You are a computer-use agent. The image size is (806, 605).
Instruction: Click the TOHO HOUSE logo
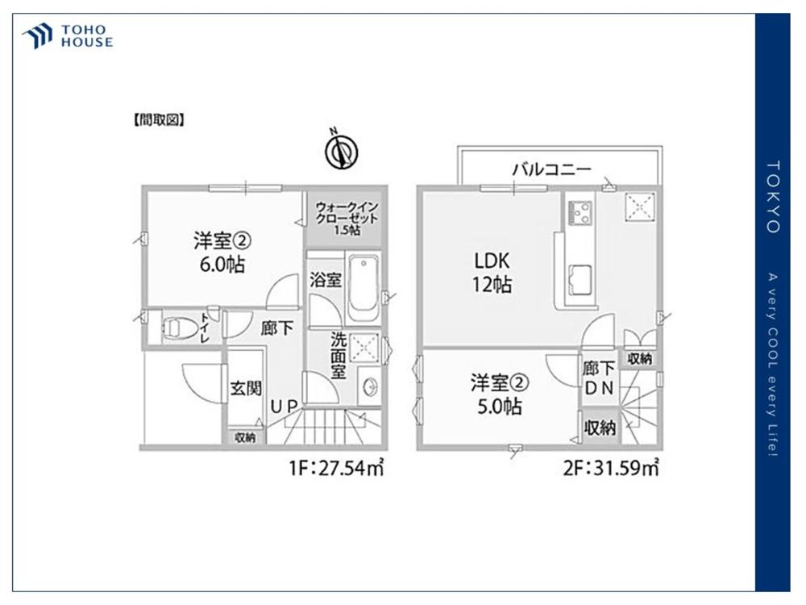(68, 36)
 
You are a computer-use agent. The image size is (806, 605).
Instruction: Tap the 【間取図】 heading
(159, 120)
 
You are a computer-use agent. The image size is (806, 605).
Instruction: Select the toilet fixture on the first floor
(180, 328)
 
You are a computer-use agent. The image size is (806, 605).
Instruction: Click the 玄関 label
(246, 389)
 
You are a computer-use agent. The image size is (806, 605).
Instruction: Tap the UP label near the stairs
(285, 407)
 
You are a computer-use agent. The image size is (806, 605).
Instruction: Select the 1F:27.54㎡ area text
(337, 468)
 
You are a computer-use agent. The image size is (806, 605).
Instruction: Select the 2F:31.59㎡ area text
(611, 468)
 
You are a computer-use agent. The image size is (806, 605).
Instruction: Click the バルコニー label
(551, 169)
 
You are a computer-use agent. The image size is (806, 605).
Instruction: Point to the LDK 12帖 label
(492, 273)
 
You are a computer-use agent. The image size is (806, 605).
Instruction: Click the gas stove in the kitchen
(580, 213)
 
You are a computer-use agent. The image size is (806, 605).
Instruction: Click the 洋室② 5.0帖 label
(499, 394)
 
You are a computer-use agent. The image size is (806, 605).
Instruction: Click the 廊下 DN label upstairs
(599, 378)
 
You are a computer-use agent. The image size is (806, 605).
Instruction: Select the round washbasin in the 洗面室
(370, 387)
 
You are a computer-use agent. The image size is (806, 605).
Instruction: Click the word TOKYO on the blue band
(773, 197)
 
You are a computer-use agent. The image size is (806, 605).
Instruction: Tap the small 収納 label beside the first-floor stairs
(245, 438)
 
